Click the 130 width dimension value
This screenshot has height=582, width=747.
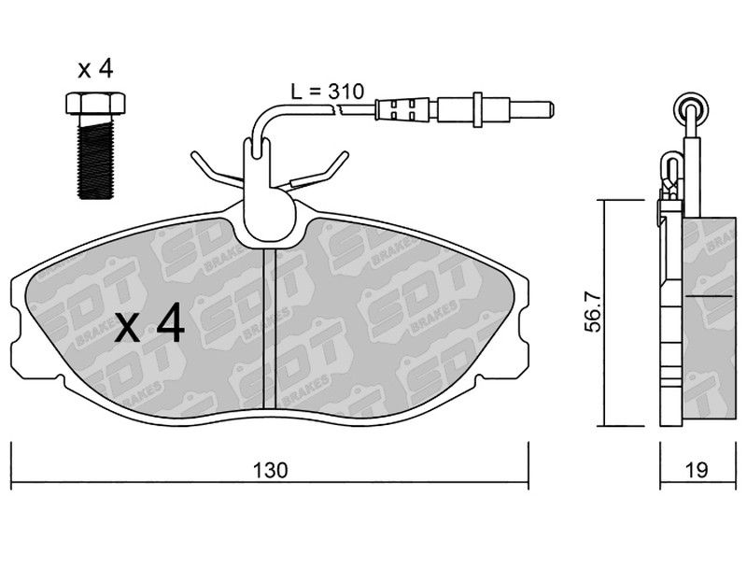coord(270,471)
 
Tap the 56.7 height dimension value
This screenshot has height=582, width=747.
coord(594,312)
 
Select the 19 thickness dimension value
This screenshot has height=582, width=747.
coord(698,471)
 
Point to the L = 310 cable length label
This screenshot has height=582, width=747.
coord(328,91)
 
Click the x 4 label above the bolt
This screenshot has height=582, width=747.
coord(95,69)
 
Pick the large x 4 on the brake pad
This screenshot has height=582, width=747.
coord(149,323)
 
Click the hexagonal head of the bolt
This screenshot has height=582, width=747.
coord(95,104)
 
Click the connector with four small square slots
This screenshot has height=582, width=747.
coord(402,110)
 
